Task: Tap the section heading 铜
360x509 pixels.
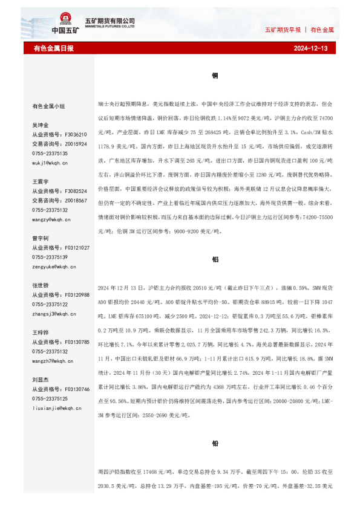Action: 215,76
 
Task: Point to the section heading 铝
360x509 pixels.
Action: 215,258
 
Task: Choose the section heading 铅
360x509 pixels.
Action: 215,443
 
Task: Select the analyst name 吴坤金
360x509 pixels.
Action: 41,125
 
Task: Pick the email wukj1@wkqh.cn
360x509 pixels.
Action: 50,163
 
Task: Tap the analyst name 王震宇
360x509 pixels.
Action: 41,181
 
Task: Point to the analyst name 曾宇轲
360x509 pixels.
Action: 41,238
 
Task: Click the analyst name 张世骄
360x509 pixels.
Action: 41,285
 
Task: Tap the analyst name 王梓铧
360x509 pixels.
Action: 41,332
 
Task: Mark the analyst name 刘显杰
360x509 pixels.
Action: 41,380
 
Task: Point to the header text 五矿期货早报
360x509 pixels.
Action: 283,30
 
